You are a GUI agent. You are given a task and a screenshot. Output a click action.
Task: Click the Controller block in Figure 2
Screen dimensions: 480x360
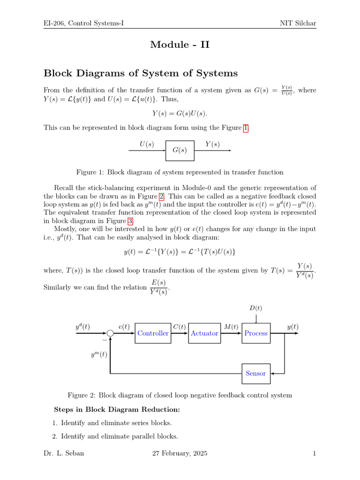153,333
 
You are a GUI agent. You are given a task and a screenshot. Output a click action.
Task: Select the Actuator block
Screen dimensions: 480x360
204,333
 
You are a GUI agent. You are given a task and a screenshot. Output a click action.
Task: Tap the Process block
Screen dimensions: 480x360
256,333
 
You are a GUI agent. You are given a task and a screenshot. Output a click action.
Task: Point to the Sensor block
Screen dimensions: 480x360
256,374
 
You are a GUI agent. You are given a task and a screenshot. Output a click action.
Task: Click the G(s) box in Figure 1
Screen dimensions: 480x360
180,150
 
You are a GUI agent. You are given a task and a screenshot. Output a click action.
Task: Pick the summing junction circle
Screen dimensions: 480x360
110,333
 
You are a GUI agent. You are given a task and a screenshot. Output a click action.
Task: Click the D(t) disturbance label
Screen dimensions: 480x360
255,308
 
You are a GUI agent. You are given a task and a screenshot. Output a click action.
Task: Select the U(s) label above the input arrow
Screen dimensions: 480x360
147,144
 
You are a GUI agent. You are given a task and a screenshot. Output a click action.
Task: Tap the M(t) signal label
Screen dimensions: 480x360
231,327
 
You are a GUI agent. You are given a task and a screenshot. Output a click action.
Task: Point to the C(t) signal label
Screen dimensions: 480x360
179,327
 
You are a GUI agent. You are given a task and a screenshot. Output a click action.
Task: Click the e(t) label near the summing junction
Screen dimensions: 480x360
124,327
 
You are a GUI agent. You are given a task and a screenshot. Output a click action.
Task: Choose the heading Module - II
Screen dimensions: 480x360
180,45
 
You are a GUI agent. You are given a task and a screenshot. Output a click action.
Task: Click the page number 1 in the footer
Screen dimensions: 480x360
315,454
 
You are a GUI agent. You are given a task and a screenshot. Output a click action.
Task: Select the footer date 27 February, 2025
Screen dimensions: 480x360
180,454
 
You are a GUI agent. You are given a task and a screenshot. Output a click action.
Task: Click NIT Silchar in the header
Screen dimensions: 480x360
299,23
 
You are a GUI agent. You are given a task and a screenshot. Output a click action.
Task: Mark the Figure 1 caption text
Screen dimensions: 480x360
180,172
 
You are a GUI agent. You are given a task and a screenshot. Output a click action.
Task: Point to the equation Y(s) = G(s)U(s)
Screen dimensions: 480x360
180,113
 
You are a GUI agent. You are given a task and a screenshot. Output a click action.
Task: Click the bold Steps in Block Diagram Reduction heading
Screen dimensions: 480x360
117,409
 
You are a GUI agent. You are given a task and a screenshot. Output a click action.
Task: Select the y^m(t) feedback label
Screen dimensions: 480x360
99,355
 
